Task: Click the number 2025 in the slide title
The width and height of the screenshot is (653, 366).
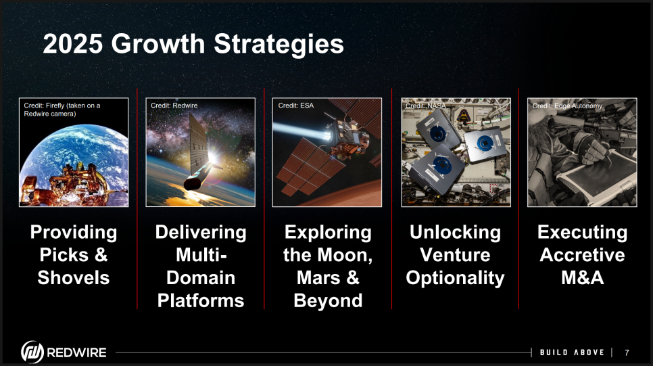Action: tap(72, 43)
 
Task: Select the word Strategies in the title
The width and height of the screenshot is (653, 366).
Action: tap(279, 44)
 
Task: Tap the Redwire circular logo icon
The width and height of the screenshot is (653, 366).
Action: tap(32, 352)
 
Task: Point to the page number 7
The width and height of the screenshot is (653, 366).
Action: tap(627, 352)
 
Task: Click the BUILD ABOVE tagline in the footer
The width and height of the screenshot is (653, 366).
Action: tap(572, 352)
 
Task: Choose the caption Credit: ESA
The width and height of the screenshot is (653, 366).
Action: tap(295, 106)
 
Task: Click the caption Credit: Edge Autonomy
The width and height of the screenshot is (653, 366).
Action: tap(567, 106)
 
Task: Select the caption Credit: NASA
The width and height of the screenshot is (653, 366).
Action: tap(425, 106)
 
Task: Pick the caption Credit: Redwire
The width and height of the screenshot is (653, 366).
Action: tap(174, 106)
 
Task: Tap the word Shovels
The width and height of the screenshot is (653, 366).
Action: tap(74, 277)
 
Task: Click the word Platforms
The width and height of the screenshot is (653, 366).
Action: tap(201, 300)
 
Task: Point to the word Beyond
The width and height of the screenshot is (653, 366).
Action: tap(328, 300)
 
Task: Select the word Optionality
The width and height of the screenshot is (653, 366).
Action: tap(455, 278)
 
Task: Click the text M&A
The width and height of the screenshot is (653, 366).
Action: tap(582, 277)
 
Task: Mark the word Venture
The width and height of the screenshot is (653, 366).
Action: tap(455, 255)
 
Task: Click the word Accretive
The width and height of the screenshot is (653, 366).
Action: tap(582, 255)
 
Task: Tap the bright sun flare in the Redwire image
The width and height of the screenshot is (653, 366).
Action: tap(212, 158)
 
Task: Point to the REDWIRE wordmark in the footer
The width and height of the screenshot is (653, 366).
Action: tap(76, 352)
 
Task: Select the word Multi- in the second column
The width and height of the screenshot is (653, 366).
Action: tap(201, 255)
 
